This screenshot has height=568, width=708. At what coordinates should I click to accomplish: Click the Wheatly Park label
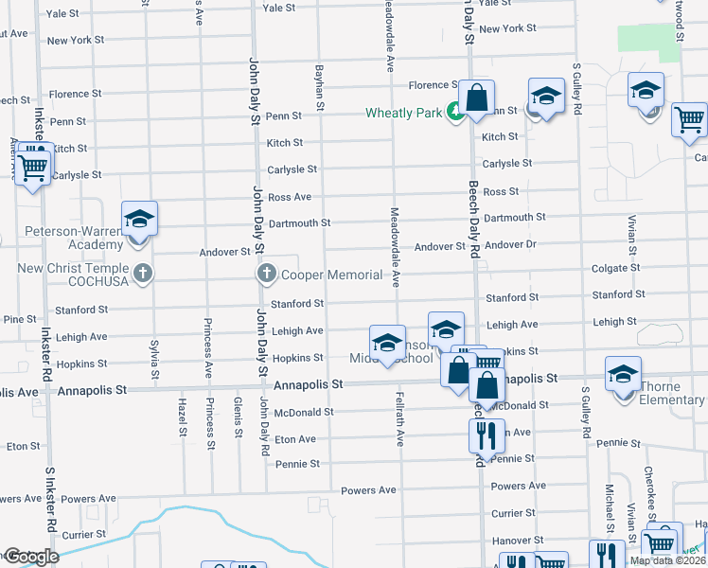pos(404,114)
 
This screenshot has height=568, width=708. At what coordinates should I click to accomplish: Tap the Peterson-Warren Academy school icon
pos(139,219)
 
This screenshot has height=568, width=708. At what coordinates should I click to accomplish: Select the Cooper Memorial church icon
pos(266,275)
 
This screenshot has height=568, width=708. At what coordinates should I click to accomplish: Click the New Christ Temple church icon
pos(143,275)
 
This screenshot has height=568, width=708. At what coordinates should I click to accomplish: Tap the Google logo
pos(30,557)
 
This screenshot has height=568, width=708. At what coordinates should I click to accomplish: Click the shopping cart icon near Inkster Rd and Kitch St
pos(33,168)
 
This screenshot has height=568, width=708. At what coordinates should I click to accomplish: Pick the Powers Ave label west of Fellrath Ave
pos(368,490)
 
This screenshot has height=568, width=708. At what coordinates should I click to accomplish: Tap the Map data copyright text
pos(667,560)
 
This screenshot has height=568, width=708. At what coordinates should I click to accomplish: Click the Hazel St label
pos(182,417)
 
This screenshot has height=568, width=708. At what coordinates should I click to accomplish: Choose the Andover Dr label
pos(510,245)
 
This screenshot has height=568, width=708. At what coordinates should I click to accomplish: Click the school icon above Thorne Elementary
pos(624,374)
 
